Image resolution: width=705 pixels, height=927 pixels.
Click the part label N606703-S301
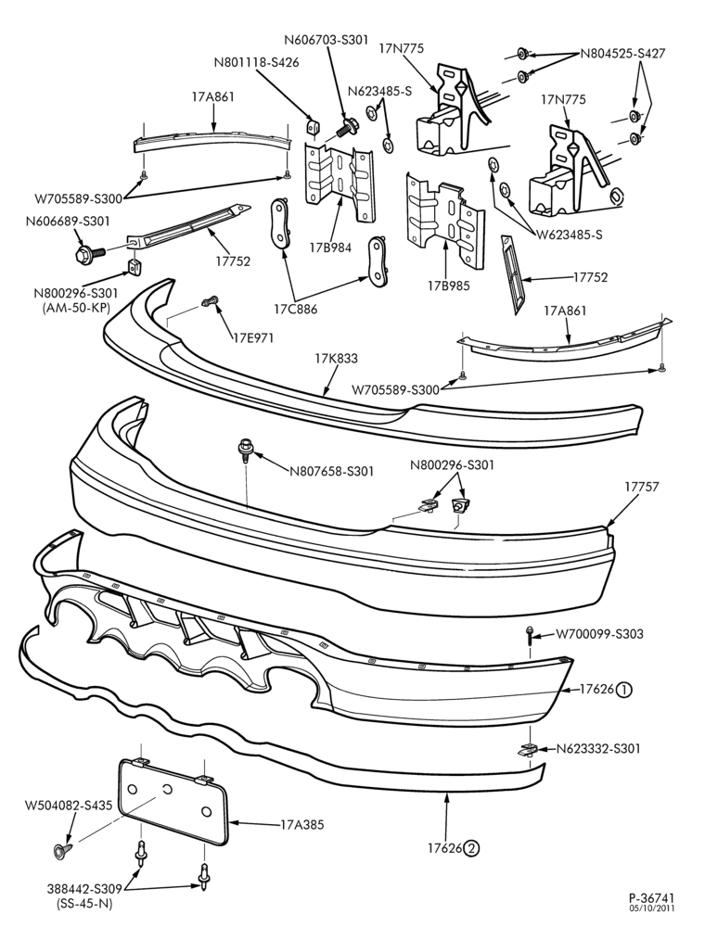click(x=326, y=40)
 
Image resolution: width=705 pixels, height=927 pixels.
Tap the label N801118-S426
click(x=257, y=61)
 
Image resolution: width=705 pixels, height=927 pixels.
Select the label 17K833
click(x=336, y=358)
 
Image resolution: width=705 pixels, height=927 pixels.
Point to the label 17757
click(x=641, y=487)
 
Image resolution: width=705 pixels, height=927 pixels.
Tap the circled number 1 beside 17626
click(x=624, y=690)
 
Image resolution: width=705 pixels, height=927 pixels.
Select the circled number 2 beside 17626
click(x=471, y=848)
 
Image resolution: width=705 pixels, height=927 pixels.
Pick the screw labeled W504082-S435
click(x=61, y=850)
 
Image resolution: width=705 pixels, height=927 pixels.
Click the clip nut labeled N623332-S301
click(x=528, y=750)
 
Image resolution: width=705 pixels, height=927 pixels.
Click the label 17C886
click(x=296, y=309)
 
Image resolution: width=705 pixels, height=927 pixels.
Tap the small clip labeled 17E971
click(x=209, y=302)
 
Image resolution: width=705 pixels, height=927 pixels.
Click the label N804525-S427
click(x=622, y=54)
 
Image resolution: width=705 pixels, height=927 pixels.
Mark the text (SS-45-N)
click(x=85, y=903)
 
